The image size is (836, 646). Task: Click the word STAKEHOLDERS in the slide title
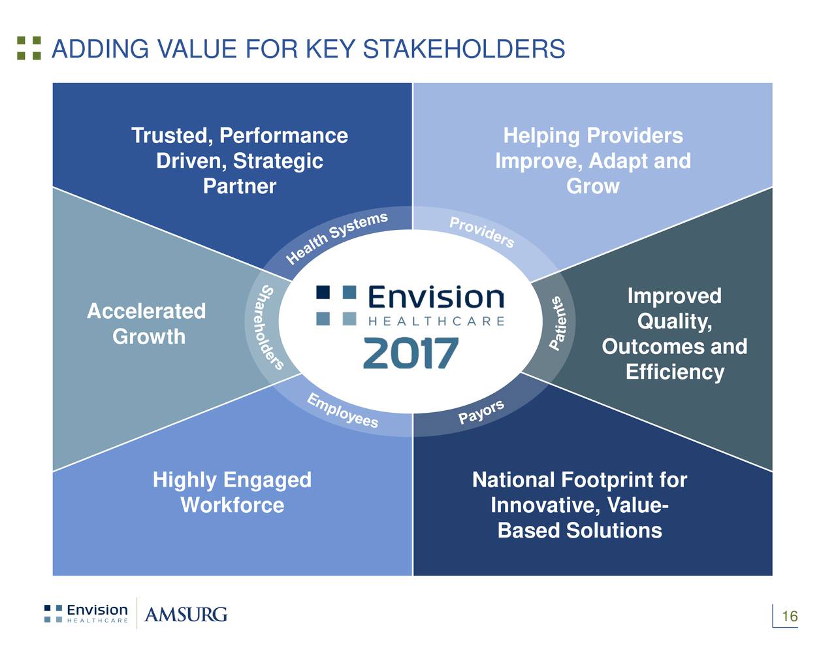click(464, 49)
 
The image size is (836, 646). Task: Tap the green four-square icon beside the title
click(29, 48)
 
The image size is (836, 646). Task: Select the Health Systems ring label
click(336, 238)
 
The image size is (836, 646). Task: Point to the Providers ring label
click(481, 232)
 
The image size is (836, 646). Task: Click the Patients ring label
click(558, 323)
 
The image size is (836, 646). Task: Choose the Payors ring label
click(481, 412)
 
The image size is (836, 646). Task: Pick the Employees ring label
click(342, 411)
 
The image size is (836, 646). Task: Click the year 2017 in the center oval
click(411, 353)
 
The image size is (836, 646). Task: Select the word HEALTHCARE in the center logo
click(436, 321)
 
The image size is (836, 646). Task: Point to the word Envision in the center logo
click(436, 297)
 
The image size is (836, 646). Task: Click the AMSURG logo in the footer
click(186, 615)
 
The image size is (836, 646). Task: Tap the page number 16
click(790, 616)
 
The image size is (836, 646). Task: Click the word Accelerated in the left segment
click(146, 311)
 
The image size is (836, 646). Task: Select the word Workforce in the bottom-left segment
click(233, 505)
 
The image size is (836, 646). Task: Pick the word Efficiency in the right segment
click(675, 372)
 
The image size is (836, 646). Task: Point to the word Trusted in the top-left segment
click(172, 136)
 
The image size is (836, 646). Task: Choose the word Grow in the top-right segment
click(593, 186)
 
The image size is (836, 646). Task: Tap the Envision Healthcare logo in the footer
click(86, 614)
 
